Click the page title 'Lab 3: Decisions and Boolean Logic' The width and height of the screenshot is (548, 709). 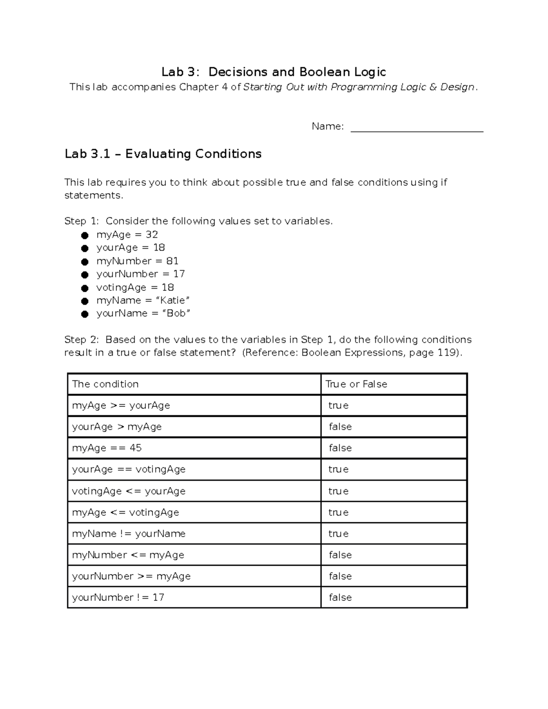tap(274, 72)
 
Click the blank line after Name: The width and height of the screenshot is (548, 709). tap(416, 127)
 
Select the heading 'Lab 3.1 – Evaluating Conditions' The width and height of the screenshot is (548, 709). tap(163, 154)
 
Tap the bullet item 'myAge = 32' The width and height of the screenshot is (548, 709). tap(127, 235)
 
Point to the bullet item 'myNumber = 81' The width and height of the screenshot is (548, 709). tap(137, 261)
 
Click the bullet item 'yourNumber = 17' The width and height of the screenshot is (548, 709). tap(140, 274)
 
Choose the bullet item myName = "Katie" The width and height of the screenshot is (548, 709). tap(142, 300)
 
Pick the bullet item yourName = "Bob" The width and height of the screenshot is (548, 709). tap(143, 313)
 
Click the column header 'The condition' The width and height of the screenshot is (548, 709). tap(105, 384)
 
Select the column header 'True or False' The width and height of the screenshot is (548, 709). tap(356, 384)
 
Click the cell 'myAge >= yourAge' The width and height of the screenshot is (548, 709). tap(121, 405)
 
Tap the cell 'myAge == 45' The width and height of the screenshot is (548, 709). tap(107, 448)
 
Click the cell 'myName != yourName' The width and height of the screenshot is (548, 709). tap(129, 534)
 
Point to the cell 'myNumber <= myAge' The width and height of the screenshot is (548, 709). tap(128, 555)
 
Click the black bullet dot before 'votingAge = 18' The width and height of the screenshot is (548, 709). tap(84, 288)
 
